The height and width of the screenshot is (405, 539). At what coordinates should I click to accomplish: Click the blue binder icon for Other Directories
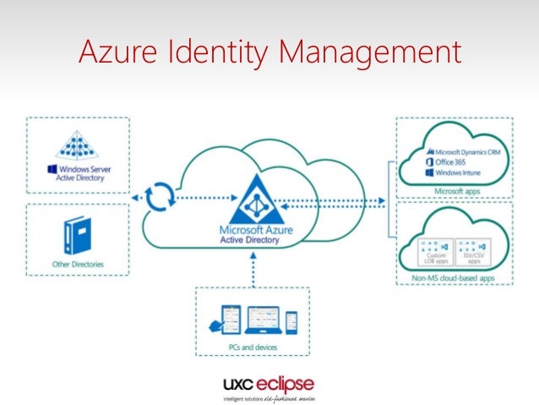(78, 236)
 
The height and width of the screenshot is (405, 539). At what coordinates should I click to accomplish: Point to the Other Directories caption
(78, 265)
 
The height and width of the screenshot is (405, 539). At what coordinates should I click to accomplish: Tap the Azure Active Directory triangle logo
(257, 199)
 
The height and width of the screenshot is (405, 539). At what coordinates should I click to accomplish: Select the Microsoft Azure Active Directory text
(257, 233)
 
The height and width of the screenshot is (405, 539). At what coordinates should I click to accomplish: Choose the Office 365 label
(453, 161)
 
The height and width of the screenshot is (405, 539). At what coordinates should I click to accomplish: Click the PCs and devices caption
(253, 348)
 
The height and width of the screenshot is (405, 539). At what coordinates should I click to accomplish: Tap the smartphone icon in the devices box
(291, 322)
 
